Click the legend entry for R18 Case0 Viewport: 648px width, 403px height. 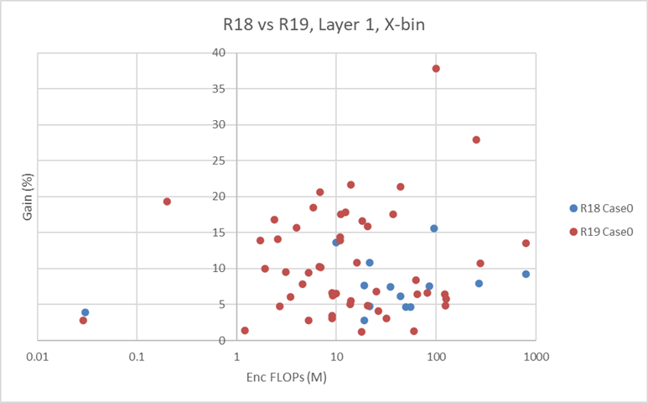coord(602,208)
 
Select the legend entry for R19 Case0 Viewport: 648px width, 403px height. coord(602,233)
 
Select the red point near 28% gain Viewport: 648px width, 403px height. coord(476,139)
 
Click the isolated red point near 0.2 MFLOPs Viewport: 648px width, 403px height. coord(167,201)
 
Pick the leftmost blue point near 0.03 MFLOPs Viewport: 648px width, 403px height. coord(86,312)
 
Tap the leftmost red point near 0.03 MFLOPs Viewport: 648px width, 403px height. coord(83,321)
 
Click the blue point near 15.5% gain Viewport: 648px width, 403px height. coord(434,228)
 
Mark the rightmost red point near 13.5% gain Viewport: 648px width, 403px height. coord(526,243)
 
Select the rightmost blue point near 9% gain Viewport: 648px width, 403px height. coord(526,274)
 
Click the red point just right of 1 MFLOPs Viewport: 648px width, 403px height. coord(245,331)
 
